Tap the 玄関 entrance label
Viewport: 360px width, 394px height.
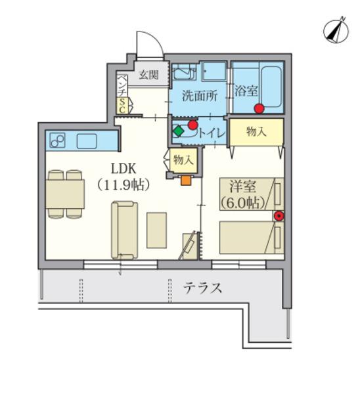148,75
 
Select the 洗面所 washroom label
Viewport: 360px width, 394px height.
200,95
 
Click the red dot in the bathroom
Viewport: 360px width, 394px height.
259,108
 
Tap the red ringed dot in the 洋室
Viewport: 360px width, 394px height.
279,215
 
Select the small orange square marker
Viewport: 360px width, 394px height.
186,179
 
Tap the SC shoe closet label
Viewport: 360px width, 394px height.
123,106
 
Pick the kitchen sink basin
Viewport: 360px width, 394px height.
87,141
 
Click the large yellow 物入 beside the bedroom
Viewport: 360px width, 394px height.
256,131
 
